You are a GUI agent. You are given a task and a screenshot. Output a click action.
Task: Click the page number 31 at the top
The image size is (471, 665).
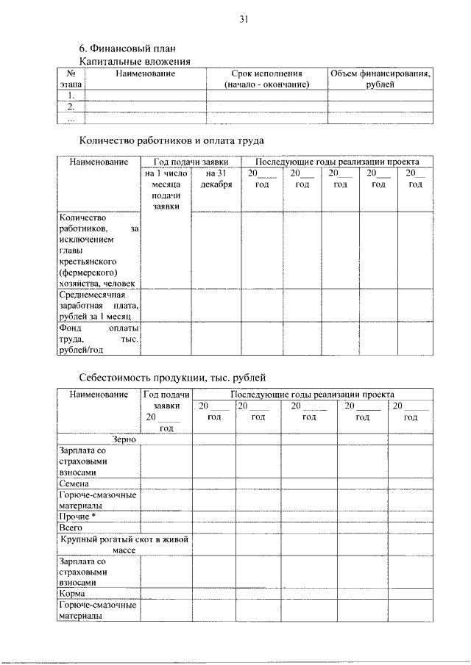(243, 20)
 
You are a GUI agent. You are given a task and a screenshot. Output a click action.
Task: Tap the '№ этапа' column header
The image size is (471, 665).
(71, 79)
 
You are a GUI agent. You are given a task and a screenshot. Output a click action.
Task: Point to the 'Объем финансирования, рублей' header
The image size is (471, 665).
(380, 79)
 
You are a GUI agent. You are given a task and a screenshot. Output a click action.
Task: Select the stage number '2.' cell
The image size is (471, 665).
(71, 107)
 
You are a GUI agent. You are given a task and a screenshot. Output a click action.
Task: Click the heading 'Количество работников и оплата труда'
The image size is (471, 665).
(171, 140)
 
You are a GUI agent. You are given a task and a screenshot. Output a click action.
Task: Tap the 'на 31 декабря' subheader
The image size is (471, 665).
(215, 179)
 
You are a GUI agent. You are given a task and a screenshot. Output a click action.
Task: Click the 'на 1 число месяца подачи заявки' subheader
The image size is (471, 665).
(167, 190)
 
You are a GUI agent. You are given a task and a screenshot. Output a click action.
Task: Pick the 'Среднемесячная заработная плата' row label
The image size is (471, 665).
(99, 305)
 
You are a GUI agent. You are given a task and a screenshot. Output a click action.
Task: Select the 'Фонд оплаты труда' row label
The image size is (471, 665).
(99, 339)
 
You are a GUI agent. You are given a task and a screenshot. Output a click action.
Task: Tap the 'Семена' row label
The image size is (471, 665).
(74, 484)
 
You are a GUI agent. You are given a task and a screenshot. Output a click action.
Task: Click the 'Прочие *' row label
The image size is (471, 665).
(78, 517)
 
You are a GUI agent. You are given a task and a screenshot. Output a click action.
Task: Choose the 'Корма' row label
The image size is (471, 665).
(73, 593)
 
